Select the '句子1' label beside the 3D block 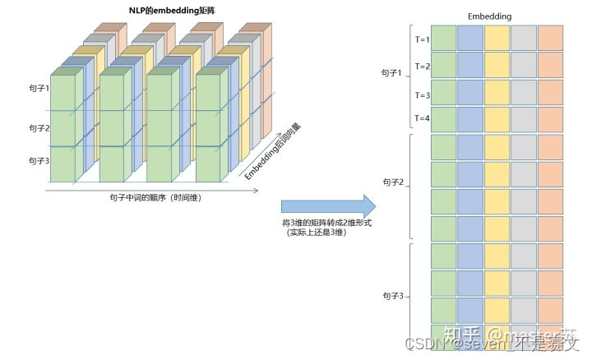tap(39, 88)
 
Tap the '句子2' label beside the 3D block tap(39, 127)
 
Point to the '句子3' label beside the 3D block tap(39, 160)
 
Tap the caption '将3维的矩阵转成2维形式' tap(327, 223)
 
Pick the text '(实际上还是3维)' tap(316, 233)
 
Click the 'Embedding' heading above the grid tap(491, 16)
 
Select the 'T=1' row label tap(423, 39)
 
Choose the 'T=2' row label tap(423, 66)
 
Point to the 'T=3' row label tap(423, 95)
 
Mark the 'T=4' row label tap(423, 118)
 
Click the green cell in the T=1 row tap(444, 38)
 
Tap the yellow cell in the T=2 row tap(497, 65)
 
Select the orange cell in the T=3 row tap(550, 92)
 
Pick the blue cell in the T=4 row tap(470, 119)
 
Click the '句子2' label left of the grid tap(393, 182)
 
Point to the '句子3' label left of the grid tap(393, 294)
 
